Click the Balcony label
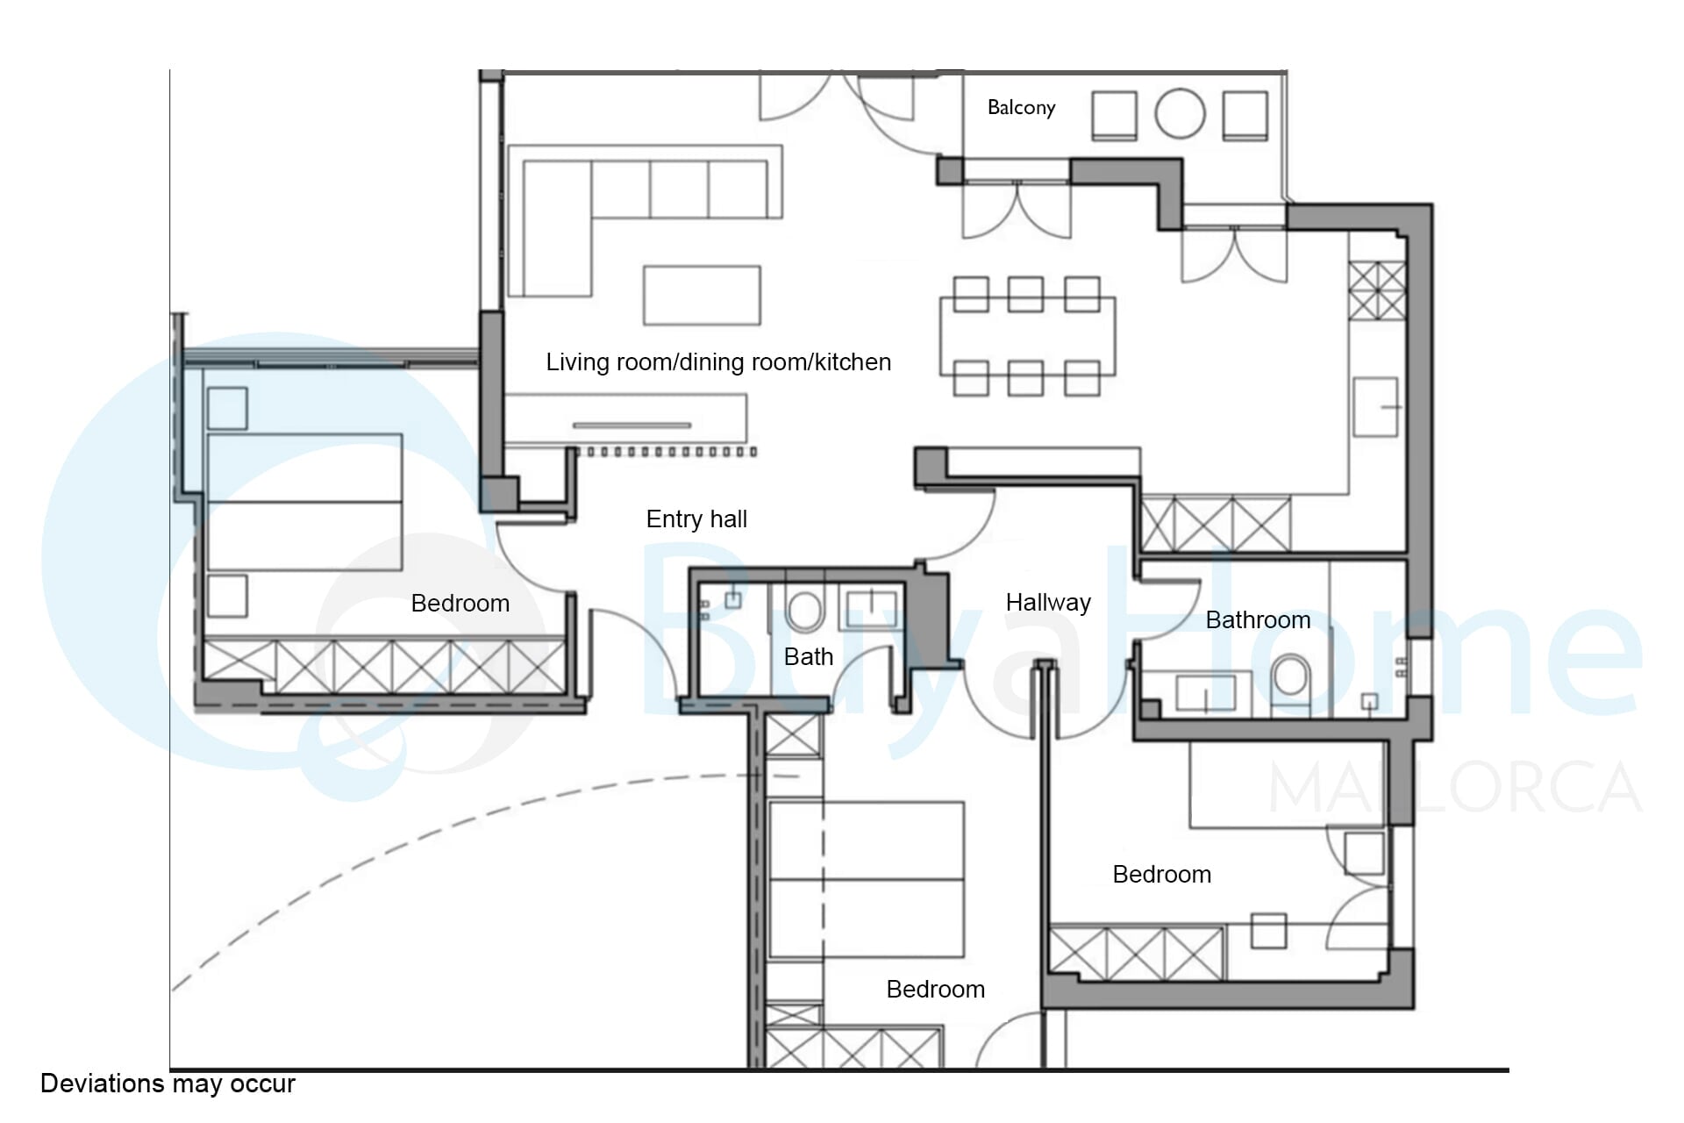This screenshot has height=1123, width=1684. pos(1021,108)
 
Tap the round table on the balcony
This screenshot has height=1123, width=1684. pos(1180,114)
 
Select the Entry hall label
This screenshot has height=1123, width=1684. pos(696,519)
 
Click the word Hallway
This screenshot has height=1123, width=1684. pos(1048,603)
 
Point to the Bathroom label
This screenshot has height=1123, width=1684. pos(1258,620)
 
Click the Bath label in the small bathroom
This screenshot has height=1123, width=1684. pos(809,657)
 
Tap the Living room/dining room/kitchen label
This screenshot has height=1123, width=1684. pos(718,362)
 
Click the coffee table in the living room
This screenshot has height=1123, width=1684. pos(702,296)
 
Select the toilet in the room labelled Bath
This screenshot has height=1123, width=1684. pos(803,610)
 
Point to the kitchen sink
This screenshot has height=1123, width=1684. pos(1374,406)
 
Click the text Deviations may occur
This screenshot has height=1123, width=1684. pos(168,1084)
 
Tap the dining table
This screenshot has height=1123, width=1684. pos(1027,337)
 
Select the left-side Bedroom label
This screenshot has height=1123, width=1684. pos(460,604)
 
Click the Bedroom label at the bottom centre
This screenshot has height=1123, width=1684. pos(936,990)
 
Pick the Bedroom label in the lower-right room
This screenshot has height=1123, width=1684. pos(1162,875)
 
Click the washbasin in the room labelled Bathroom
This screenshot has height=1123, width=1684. pos(1206,691)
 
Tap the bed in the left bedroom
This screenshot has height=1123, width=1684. pos(304,503)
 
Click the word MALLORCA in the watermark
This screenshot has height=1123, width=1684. pos(1455,787)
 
